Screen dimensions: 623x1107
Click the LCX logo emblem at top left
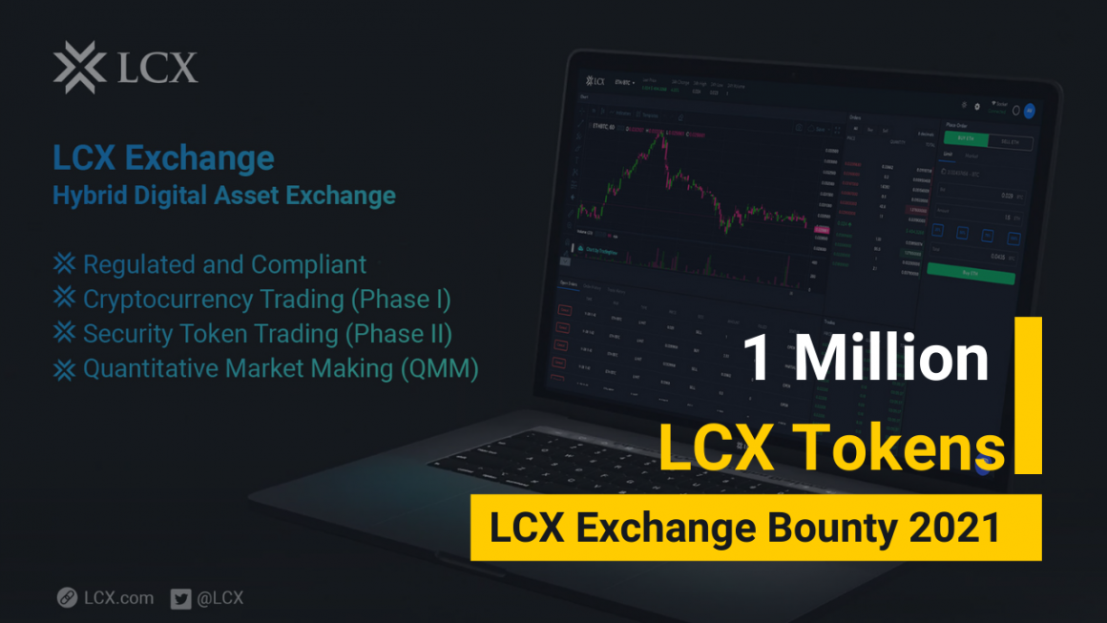click(79, 68)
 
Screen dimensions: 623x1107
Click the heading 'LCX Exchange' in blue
click(163, 157)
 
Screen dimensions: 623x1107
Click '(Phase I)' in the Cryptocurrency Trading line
click(400, 299)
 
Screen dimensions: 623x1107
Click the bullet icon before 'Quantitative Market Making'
click(64, 368)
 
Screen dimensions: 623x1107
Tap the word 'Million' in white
click(891, 358)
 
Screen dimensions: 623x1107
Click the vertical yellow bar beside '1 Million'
click(1028, 395)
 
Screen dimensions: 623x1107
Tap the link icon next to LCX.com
click(67, 598)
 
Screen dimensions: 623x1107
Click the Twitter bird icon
click(180, 598)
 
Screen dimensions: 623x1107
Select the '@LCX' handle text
click(220, 598)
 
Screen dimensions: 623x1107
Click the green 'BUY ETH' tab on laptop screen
click(966, 138)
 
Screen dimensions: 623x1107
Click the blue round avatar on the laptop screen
click(1029, 111)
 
